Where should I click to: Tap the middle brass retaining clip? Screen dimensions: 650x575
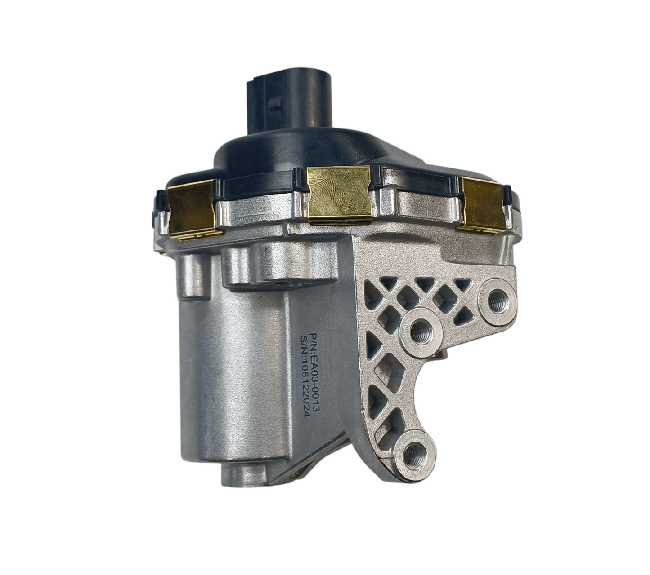[x=339, y=194]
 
